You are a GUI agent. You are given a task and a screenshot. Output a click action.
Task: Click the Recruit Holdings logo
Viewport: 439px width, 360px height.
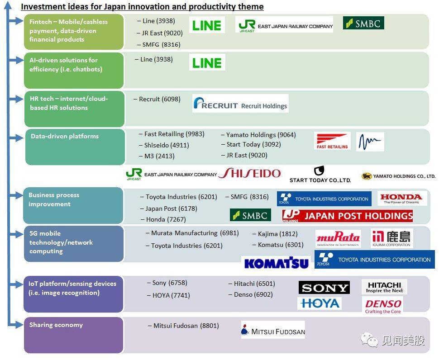[240, 104]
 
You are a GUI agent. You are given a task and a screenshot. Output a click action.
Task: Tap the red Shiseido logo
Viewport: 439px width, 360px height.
[249, 173]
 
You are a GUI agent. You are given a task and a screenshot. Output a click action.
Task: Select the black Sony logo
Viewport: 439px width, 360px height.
[324, 288]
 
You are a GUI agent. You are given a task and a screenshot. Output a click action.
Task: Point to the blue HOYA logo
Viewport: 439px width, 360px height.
[320, 303]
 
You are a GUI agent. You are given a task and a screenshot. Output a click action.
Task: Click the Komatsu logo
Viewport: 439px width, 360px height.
[277, 263]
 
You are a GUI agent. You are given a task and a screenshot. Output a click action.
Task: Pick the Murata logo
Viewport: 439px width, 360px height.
[338, 239]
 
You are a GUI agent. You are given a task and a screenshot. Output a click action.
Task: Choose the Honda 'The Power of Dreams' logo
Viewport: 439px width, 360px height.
[402, 199]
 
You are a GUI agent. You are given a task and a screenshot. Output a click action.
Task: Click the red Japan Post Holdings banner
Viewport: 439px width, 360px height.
[348, 216]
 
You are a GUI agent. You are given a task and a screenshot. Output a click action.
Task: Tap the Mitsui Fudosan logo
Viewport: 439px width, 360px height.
[273, 330]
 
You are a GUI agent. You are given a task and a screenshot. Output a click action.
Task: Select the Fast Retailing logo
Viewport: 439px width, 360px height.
[332, 141]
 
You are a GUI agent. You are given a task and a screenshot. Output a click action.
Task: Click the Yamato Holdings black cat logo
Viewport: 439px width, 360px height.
[366, 176]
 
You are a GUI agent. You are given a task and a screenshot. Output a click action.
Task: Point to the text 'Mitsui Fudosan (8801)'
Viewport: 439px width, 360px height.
[186, 326]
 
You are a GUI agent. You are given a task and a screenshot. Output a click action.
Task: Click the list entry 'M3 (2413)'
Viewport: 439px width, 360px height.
[159, 156]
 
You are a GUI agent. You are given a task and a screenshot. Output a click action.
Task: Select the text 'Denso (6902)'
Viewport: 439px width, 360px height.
[253, 294]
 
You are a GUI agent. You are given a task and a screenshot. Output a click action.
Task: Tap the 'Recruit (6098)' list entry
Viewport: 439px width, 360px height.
[160, 99]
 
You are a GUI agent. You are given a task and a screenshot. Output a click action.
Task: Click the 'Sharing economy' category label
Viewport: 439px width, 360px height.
[56, 325]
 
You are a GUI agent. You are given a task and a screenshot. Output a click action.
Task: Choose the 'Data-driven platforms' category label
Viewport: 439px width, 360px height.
[65, 136]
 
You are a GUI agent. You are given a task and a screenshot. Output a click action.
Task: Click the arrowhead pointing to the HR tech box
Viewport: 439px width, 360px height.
[19, 99]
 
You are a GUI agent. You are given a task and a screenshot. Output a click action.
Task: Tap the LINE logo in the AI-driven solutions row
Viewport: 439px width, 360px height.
[207, 62]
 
